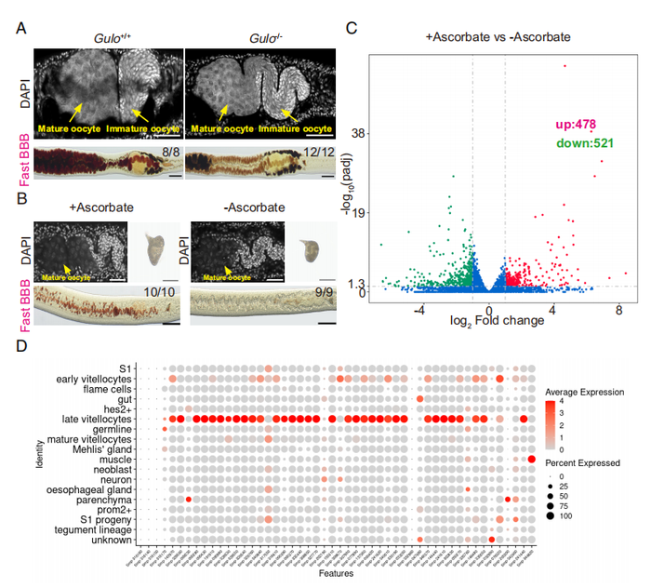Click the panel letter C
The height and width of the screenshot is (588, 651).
tap(352, 28)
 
